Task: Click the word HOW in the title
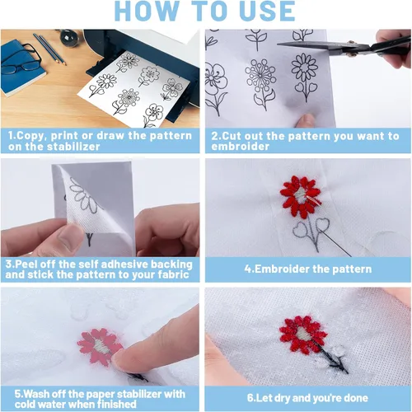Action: coord(147,11)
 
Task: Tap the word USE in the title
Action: coord(267,11)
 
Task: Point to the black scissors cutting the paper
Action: coord(344,46)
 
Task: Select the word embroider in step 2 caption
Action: coord(241,146)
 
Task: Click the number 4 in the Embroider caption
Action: coord(248,269)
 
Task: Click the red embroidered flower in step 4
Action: coord(301,196)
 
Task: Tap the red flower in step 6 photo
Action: coord(302,335)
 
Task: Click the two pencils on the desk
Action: coord(49,49)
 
